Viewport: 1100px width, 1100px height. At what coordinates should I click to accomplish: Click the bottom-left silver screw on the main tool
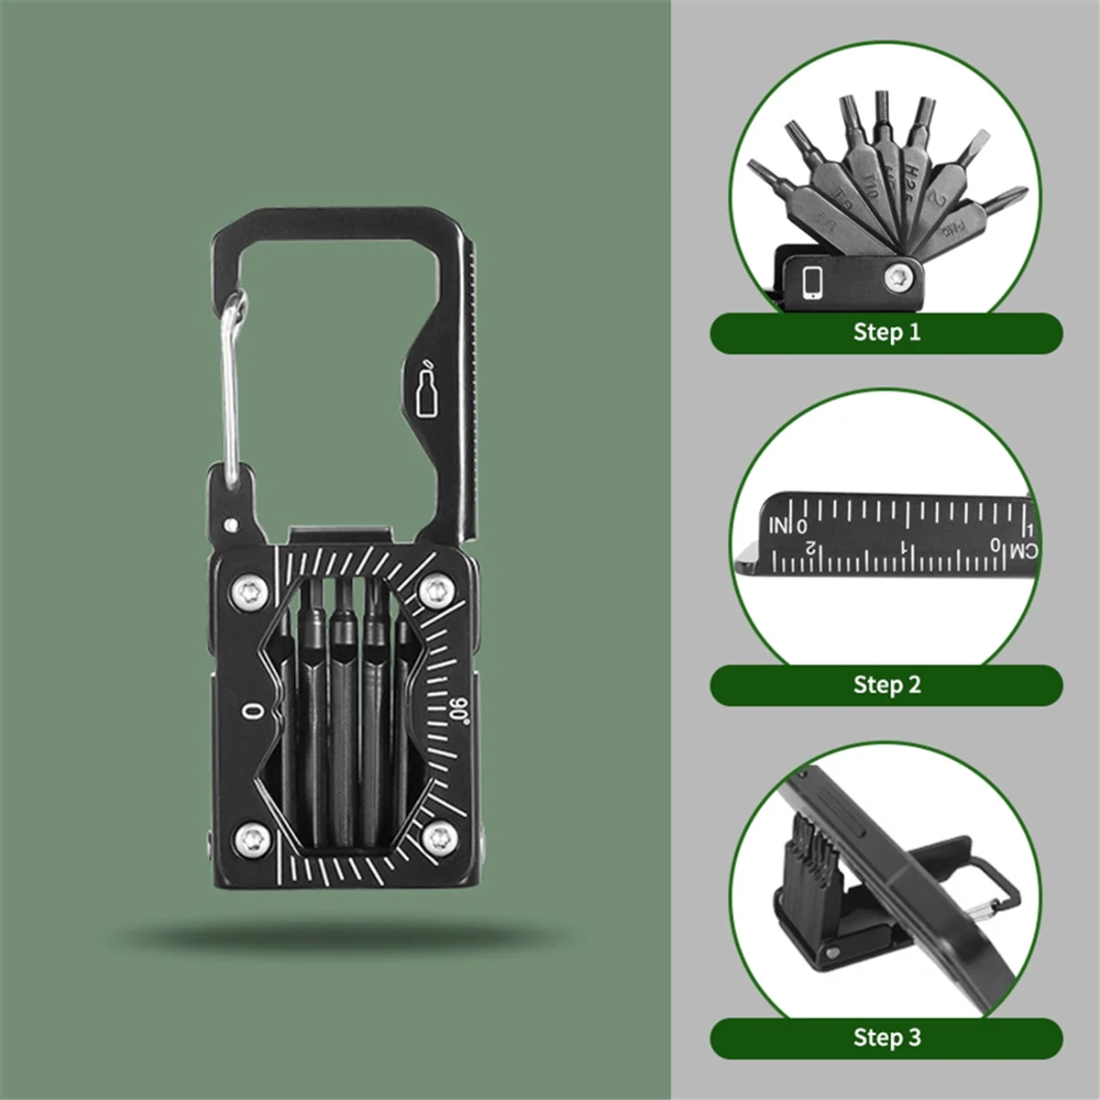(x=249, y=835)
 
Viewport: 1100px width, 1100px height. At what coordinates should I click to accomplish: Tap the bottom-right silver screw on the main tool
(x=442, y=835)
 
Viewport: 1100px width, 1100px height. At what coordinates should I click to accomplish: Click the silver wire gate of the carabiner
(x=229, y=385)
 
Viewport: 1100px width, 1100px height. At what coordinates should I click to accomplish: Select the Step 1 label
(x=886, y=332)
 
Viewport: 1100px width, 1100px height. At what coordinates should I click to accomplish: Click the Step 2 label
(x=886, y=684)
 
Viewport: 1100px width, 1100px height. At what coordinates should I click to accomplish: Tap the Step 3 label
(x=886, y=1037)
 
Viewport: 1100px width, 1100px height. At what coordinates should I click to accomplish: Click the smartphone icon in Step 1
(x=812, y=282)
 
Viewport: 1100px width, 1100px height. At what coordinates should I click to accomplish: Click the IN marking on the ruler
(x=779, y=525)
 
